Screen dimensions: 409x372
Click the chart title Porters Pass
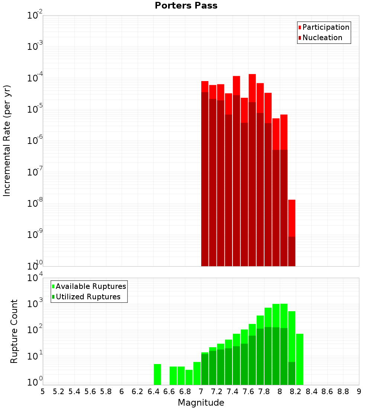(x=186, y=6)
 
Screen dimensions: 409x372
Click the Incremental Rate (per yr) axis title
(x=7, y=141)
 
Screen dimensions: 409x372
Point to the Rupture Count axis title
(x=14, y=331)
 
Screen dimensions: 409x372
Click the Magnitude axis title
(x=201, y=402)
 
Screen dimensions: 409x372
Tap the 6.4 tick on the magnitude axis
(x=153, y=392)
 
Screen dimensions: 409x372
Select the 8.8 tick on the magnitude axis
(x=343, y=392)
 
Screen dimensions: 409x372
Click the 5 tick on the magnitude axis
(x=43, y=392)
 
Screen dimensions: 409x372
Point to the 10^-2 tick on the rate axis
(x=35, y=16)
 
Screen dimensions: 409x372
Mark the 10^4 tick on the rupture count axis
(x=35, y=278)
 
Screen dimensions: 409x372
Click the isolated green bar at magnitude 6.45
(x=157, y=374)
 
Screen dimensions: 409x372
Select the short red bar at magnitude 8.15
(x=292, y=223)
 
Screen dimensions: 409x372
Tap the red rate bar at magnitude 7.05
(x=205, y=86)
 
